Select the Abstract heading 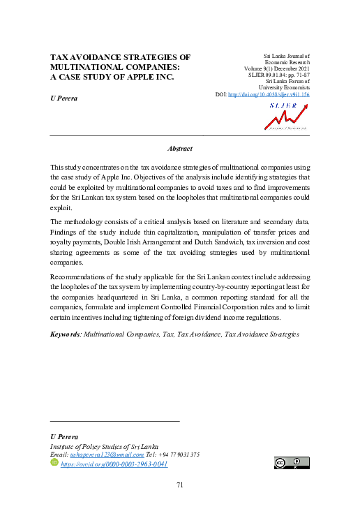[180, 149]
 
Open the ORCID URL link [114, 464]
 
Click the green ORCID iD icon [55, 463]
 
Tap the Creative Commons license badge [291, 463]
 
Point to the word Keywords [65, 334]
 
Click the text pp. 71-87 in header [294, 75]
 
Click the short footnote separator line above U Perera [115, 421]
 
